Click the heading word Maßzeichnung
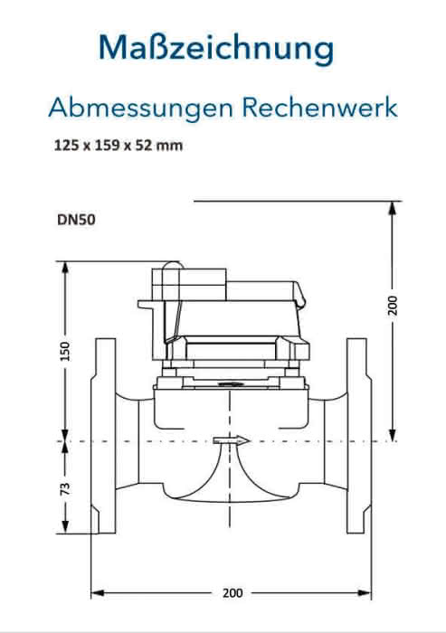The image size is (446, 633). coord(216,49)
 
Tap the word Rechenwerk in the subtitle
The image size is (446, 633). coord(320,108)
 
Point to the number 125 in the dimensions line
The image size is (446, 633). coord(66,145)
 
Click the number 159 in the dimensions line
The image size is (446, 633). coord(107,145)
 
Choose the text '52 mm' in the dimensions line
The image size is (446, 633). coord(158,145)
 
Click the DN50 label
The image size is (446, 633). coord(76,220)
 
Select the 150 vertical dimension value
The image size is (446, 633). coord(64,351)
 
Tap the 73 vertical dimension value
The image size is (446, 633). coord(64,488)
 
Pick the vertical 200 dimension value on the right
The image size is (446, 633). coord(393,306)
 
